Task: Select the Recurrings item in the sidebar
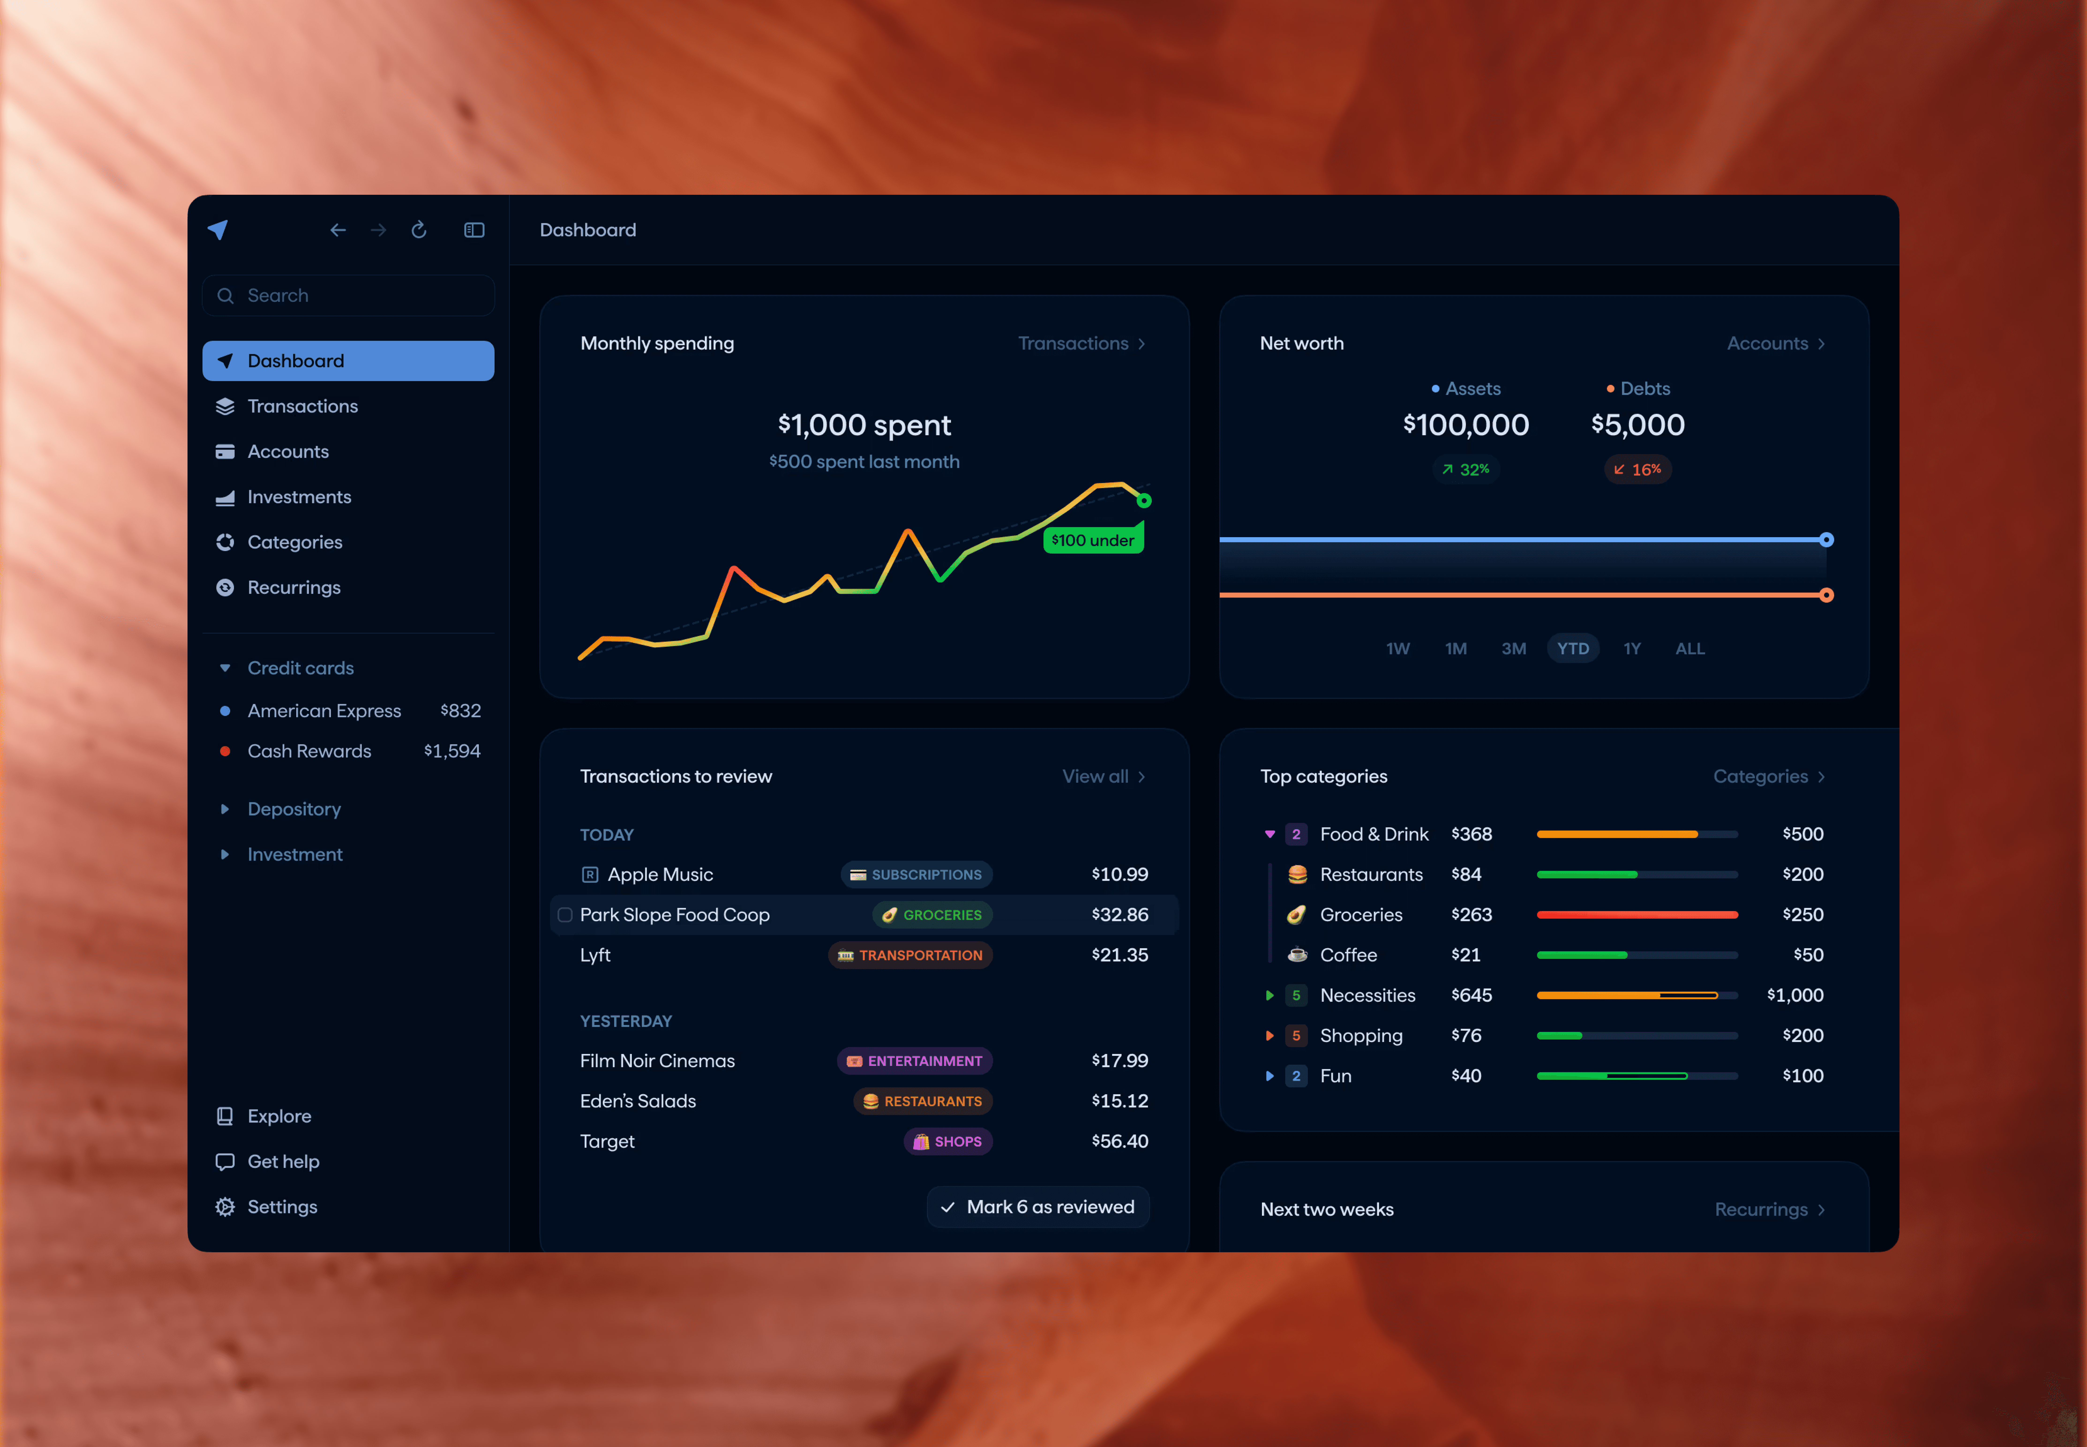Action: point(294,588)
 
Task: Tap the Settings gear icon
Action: point(225,1207)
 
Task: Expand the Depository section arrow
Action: point(225,809)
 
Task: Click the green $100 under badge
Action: point(1092,540)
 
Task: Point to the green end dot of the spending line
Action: point(1144,500)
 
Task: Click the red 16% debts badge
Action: point(1637,470)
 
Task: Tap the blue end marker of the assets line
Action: point(1826,540)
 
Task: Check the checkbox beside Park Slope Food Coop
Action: point(565,915)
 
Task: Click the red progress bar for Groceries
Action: point(1637,915)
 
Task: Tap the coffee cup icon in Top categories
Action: point(1297,955)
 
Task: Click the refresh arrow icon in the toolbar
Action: point(419,230)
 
